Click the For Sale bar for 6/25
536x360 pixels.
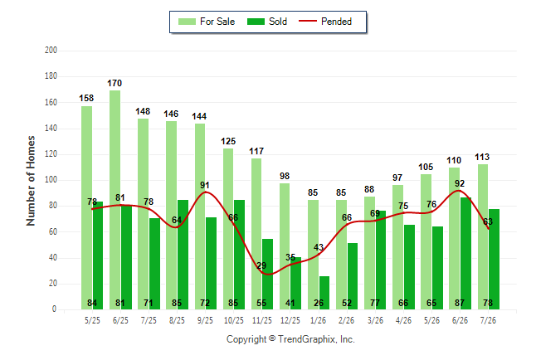click(x=115, y=200)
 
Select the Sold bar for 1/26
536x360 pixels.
click(x=324, y=293)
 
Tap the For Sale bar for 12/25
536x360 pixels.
click(x=285, y=246)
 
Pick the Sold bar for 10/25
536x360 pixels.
click(x=239, y=255)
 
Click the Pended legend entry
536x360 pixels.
click(x=325, y=22)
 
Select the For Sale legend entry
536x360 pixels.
click(x=207, y=22)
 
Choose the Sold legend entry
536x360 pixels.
click(x=267, y=22)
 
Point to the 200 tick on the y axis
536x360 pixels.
click(x=51, y=51)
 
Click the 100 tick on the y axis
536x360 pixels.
click(x=51, y=180)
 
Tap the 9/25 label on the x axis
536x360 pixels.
click(x=205, y=320)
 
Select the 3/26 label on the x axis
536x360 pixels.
click(x=375, y=320)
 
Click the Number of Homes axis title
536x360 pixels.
click(x=31, y=181)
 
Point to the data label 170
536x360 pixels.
click(x=115, y=83)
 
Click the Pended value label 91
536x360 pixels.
click(x=205, y=185)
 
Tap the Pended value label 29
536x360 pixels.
click(x=261, y=265)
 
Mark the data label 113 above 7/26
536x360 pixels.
click(x=482, y=157)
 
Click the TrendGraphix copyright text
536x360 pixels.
click(x=290, y=339)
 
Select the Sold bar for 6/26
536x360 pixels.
click(x=466, y=253)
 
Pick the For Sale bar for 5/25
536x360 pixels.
click(x=86, y=208)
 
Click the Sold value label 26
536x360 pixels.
click(x=319, y=303)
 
